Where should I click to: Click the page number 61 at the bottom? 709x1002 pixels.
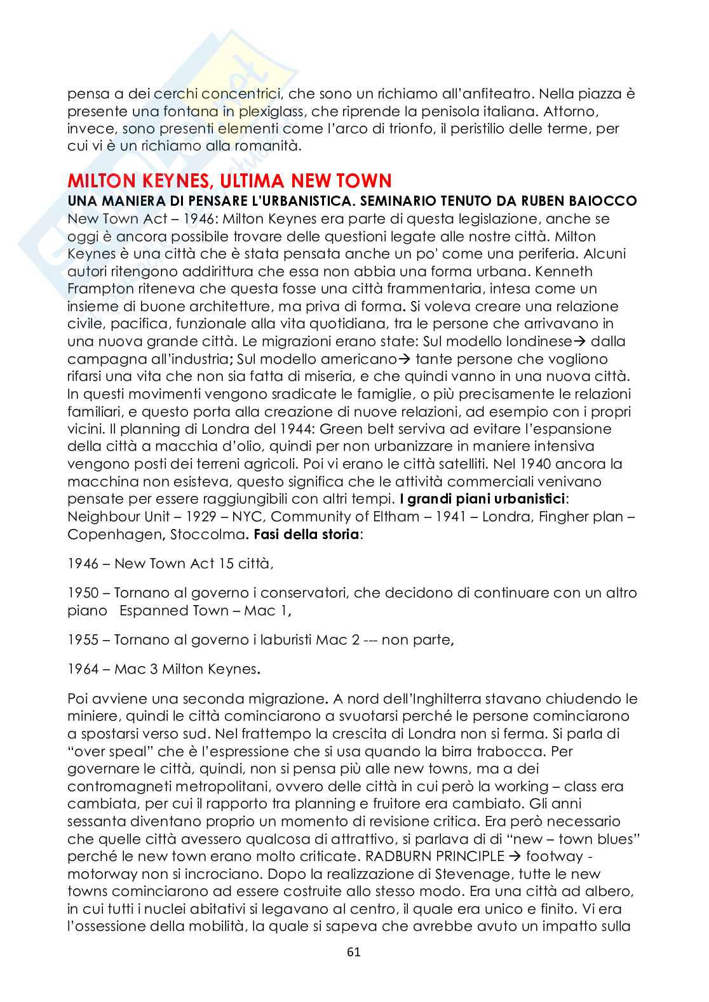(354, 952)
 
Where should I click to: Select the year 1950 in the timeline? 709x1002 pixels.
(82, 593)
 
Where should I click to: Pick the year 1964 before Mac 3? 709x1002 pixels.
(82, 669)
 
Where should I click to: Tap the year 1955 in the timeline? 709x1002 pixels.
(82, 639)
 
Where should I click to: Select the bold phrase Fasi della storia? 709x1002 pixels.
(306, 534)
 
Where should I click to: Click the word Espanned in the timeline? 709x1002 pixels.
(154, 611)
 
